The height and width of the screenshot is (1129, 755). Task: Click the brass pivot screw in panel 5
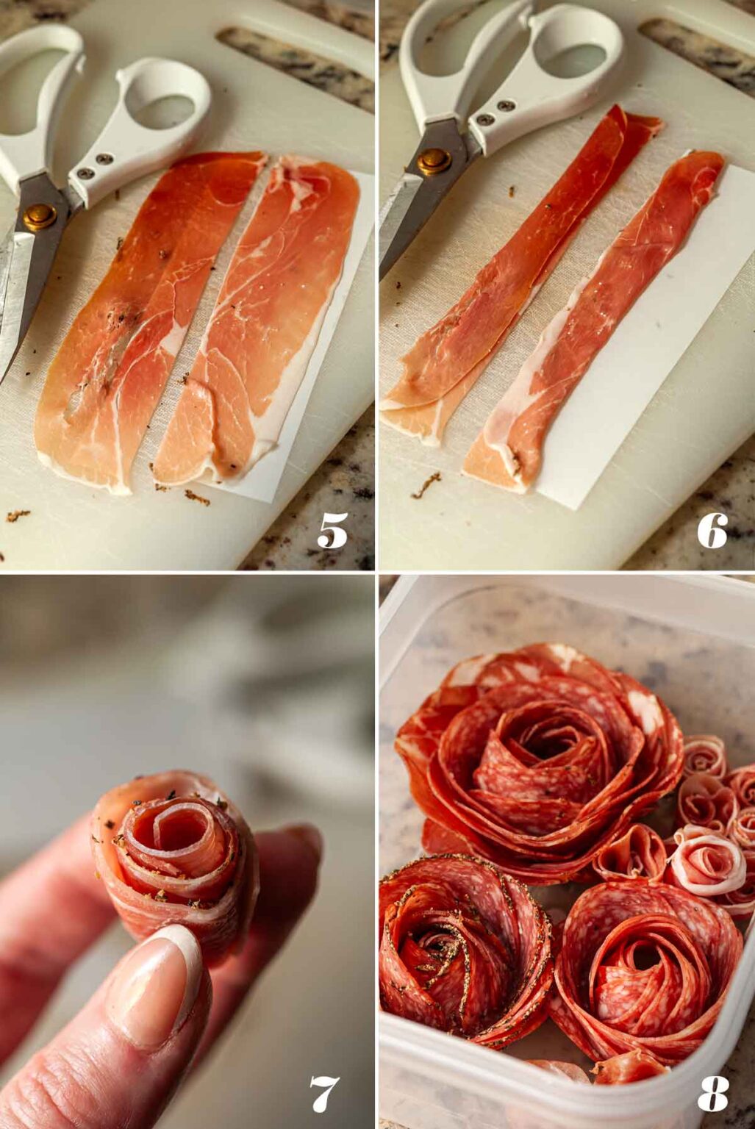[x=40, y=217]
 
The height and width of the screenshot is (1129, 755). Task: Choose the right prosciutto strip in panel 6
[x=593, y=323]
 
